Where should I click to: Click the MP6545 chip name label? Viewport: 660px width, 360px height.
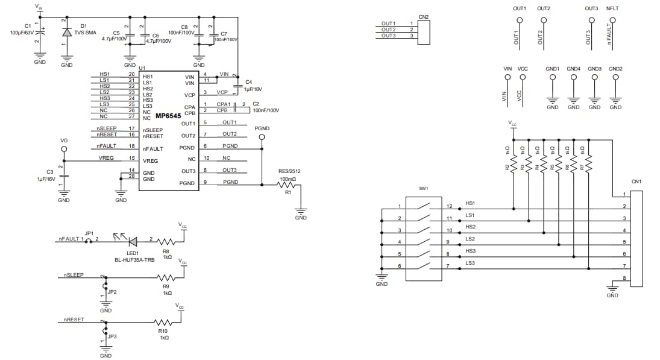(x=168, y=116)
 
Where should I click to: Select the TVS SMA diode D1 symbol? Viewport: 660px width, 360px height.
(x=66, y=33)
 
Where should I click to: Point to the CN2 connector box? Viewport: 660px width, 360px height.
(x=423, y=31)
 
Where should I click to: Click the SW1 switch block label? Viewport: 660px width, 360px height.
(x=423, y=189)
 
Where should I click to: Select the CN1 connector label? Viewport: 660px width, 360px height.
(x=636, y=182)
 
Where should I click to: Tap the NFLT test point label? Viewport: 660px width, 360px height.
(x=612, y=8)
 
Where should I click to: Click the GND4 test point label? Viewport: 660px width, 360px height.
(x=573, y=69)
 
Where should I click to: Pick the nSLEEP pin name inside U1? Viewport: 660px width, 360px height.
(x=152, y=130)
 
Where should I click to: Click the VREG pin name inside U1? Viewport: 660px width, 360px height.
(x=150, y=161)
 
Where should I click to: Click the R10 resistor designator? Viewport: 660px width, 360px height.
(x=163, y=331)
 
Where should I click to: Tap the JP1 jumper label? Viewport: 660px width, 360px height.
(x=89, y=233)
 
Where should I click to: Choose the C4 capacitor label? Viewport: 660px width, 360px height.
(x=248, y=81)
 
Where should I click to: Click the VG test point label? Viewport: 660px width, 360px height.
(x=64, y=140)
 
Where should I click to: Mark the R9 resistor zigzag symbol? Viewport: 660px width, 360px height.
(x=166, y=278)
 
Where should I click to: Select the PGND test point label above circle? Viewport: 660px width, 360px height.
(x=262, y=128)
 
